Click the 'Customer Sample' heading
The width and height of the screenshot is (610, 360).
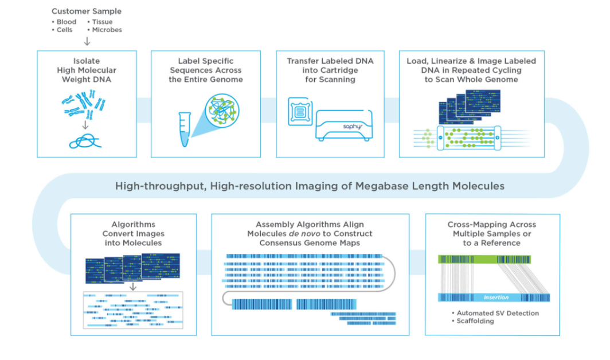coord(87,11)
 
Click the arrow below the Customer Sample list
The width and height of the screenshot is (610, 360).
coord(87,41)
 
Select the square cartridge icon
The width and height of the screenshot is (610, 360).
coord(299,111)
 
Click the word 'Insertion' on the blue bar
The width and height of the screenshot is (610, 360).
coord(495,298)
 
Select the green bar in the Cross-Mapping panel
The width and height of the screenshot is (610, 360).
coord(484,259)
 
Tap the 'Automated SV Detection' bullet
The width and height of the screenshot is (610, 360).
coord(497,313)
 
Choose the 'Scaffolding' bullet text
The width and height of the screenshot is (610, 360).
coord(475,321)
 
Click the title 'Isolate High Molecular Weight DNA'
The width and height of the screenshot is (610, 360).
coord(87,70)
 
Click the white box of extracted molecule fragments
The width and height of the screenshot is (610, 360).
coord(132,310)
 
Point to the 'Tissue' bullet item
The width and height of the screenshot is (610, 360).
coord(103,22)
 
